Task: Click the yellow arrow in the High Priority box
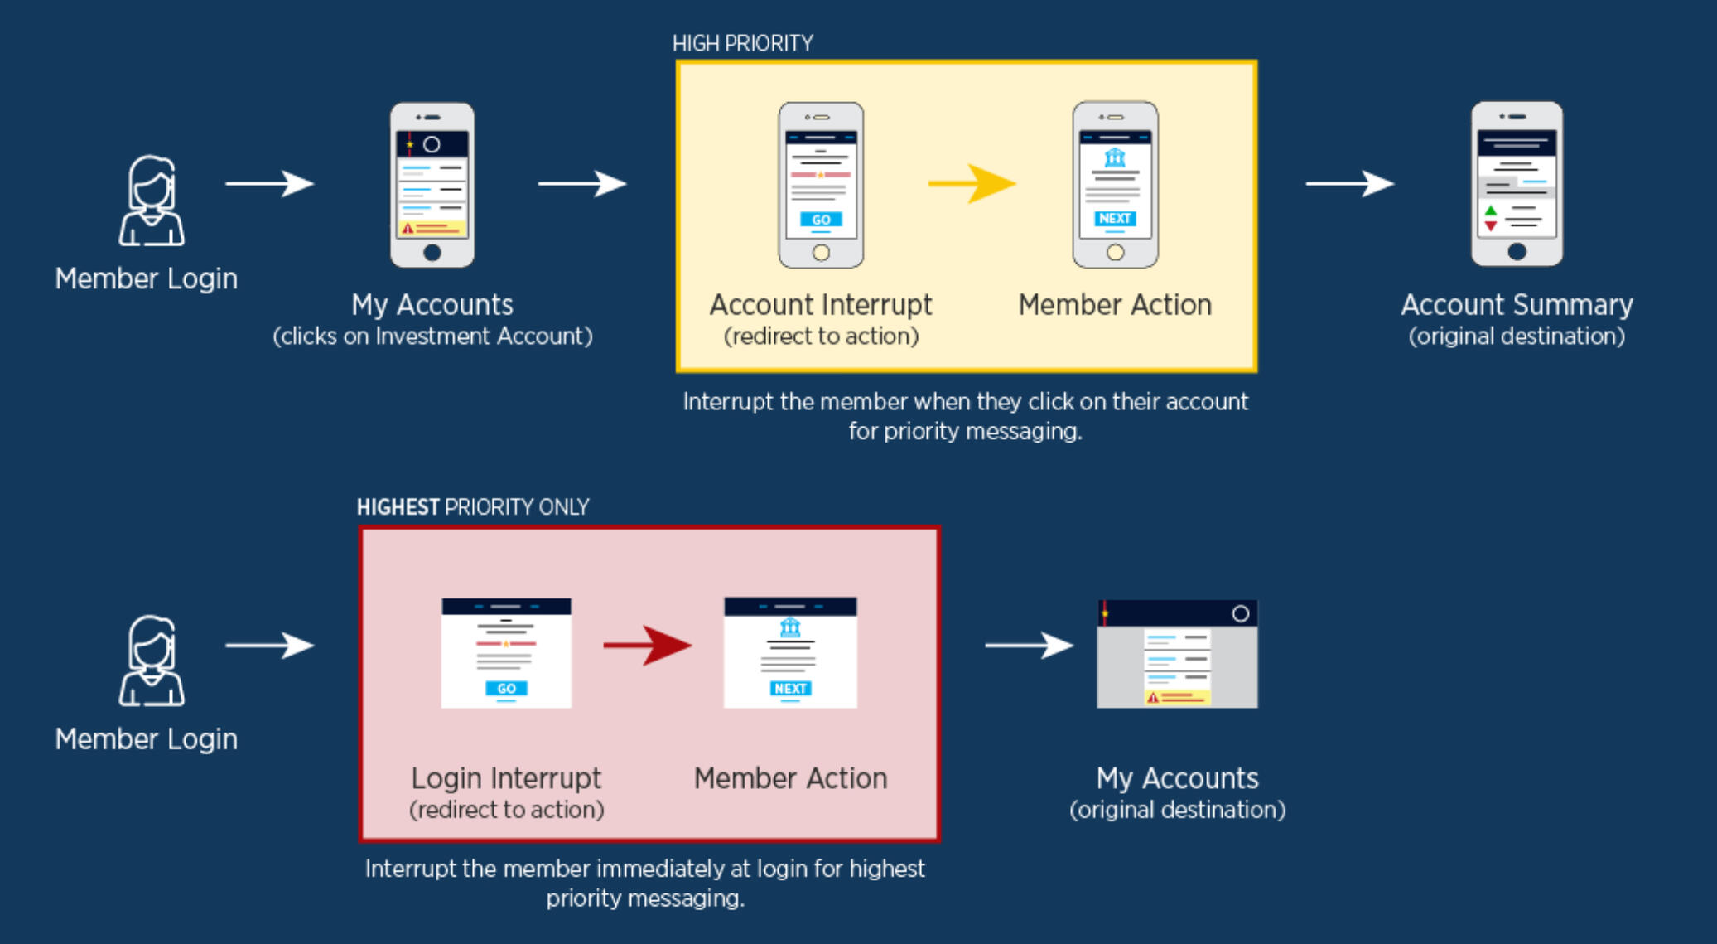(x=971, y=183)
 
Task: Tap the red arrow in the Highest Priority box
(x=647, y=645)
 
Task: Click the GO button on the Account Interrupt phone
(x=821, y=220)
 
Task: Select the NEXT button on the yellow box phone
(x=1115, y=218)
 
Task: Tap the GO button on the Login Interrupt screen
(x=506, y=689)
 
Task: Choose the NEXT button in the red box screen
(x=790, y=689)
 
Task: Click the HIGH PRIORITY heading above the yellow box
(x=743, y=44)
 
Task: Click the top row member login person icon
(x=151, y=201)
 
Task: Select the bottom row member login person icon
(x=151, y=661)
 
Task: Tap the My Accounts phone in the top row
(x=432, y=185)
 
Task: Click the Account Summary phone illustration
(x=1517, y=184)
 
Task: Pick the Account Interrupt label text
(x=821, y=305)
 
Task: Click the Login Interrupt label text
(x=506, y=778)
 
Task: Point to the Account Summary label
(x=1517, y=305)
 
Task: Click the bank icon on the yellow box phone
(x=1115, y=157)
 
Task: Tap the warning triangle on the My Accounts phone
(x=408, y=228)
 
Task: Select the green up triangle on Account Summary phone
(x=1491, y=211)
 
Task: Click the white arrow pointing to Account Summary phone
(x=1349, y=183)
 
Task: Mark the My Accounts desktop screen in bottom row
(x=1177, y=654)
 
